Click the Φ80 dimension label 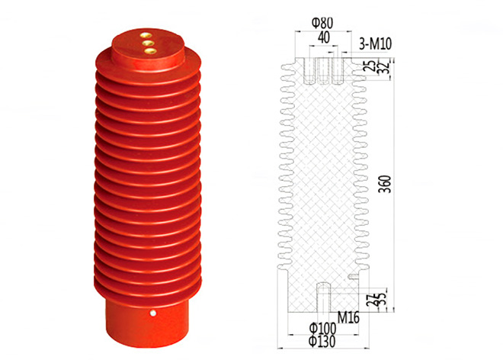click(322, 22)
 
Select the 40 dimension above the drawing click(324, 38)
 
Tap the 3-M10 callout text click(375, 44)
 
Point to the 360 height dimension click(386, 184)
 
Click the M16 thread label click(349, 318)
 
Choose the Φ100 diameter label click(322, 328)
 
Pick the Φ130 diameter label click(322, 342)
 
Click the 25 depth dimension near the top click(371, 66)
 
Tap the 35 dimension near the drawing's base click(383, 299)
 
